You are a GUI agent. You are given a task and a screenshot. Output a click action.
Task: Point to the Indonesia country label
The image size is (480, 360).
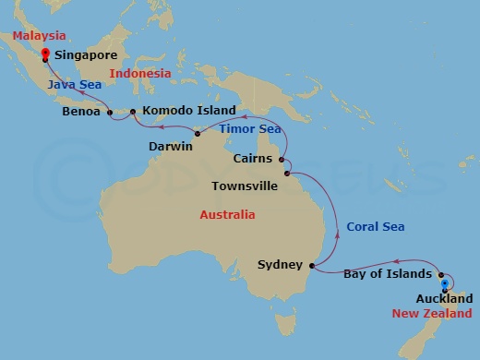coord(140,74)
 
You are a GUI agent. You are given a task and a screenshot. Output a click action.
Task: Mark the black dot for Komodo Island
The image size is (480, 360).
coord(133,113)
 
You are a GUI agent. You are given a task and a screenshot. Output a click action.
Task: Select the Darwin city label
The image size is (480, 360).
coord(171,146)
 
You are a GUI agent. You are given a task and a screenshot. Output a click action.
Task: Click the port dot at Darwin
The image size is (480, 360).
coord(198,135)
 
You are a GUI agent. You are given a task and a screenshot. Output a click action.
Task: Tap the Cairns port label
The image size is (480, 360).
coord(255,159)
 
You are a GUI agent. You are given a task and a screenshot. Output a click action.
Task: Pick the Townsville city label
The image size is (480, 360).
coord(245,186)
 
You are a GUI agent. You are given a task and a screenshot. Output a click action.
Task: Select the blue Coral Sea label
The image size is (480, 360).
coord(376,227)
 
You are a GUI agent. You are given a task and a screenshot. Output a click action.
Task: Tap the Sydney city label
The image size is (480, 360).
coord(281,266)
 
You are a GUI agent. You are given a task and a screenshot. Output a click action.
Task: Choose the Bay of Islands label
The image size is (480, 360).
coord(387,274)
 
